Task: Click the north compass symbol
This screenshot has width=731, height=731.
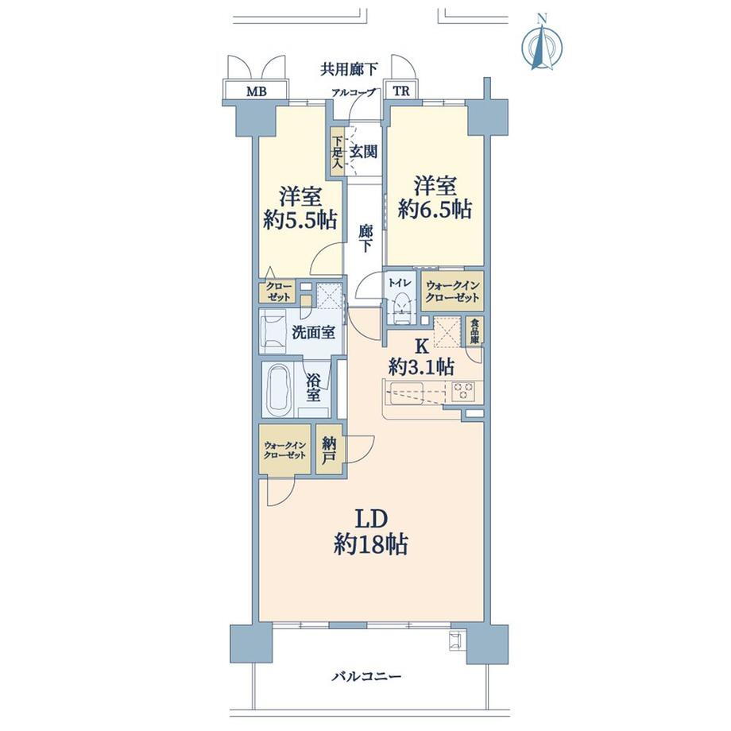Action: tap(541, 44)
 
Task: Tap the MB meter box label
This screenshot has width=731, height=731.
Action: tap(257, 91)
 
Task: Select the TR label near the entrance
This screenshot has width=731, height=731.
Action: tap(401, 91)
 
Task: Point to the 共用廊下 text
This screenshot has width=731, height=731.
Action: tap(349, 69)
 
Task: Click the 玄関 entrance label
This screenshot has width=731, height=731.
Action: tap(363, 152)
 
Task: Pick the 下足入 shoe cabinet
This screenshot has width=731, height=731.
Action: tap(338, 152)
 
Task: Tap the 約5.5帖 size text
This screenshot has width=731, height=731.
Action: tap(300, 219)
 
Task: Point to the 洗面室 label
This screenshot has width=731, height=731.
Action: tap(313, 332)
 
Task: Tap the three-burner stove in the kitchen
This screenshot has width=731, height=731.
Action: tap(463, 391)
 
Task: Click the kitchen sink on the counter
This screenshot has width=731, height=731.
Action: tap(407, 392)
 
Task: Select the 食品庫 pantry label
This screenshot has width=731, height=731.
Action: tap(474, 331)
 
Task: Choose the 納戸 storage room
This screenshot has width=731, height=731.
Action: tap(329, 449)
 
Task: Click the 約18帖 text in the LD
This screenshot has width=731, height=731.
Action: tap(371, 544)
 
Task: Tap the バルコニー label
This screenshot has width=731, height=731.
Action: tap(366, 676)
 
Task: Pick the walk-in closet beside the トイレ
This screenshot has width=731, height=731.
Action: tap(452, 292)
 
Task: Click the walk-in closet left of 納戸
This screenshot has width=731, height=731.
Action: tap(284, 450)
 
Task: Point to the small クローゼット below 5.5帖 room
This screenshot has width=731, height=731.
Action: tap(278, 292)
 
